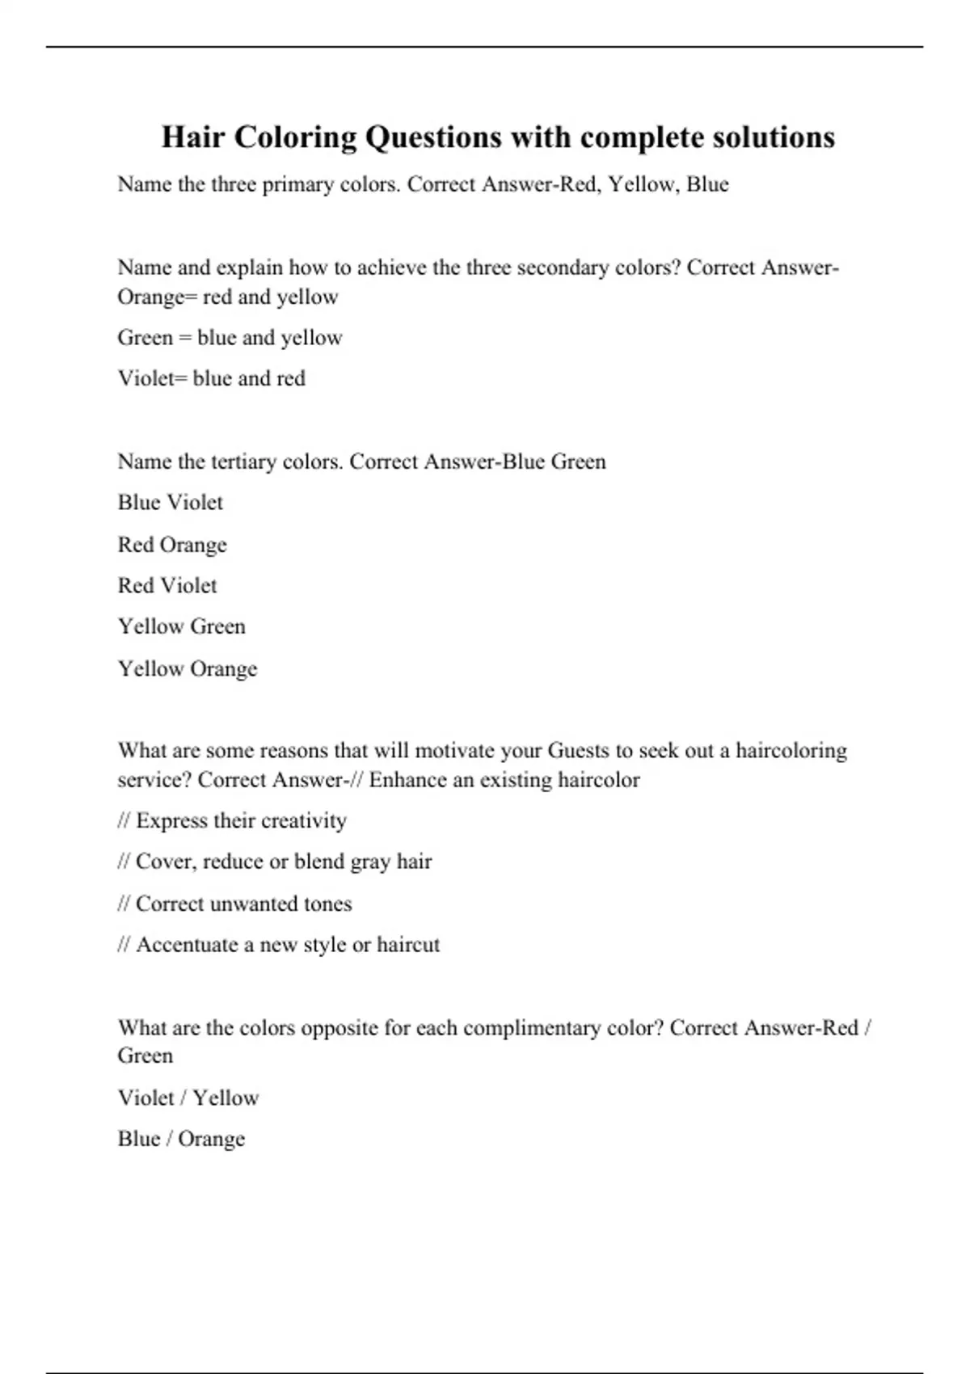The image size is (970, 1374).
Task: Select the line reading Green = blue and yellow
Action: coord(230,338)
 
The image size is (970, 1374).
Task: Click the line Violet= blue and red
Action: coord(211,378)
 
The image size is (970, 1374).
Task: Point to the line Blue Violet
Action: coord(170,503)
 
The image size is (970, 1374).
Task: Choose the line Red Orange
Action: coord(172,545)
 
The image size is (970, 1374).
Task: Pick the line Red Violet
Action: coord(167,585)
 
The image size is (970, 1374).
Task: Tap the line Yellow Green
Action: coord(181,626)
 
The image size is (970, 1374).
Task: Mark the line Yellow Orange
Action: coord(188,669)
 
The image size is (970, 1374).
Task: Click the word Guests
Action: coord(578,751)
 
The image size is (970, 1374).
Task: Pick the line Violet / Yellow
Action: coord(188,1098)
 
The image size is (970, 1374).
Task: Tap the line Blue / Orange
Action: coord(181,1139)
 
